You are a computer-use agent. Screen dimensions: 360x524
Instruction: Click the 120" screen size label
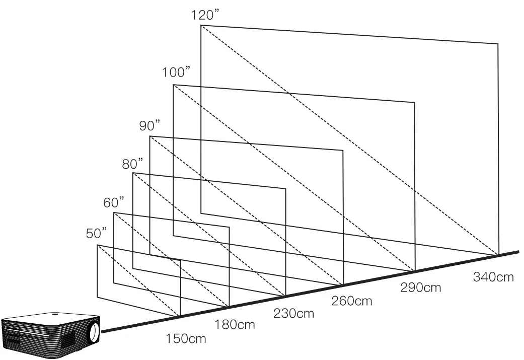coord(204,14)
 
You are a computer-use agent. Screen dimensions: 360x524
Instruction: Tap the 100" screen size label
coord(176,72)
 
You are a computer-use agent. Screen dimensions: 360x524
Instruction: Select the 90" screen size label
coord(149,125)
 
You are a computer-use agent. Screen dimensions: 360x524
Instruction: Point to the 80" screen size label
coord(132,163)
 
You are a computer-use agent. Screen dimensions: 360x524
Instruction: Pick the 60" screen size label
coord(114,202)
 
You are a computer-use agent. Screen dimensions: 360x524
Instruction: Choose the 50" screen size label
coord(97,233)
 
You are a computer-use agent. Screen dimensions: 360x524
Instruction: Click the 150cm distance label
coord(186,338)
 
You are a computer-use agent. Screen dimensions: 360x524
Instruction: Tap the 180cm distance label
coord(235,325)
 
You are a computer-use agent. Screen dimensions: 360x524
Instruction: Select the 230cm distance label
coord(293,313)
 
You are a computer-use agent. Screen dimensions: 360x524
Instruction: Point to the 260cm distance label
coord(352,301)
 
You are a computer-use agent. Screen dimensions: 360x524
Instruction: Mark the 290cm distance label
coord(420,287)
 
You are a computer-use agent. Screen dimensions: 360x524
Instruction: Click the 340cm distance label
coord(493,276)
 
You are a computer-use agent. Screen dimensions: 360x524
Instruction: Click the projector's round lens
coord(94,332)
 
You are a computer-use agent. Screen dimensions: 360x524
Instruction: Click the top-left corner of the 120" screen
coord(201,25)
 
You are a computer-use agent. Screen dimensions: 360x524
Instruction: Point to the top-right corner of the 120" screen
coord(498,44)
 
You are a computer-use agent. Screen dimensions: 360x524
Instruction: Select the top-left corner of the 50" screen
coord(97,245)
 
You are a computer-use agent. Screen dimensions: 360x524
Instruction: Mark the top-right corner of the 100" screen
coord(414,102)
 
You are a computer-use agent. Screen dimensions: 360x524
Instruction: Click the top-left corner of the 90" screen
coord(150,136)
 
